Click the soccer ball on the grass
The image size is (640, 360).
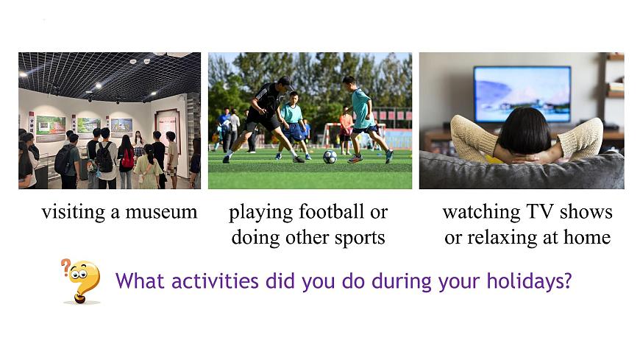(330, 157)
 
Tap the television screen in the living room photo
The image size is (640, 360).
(522, 94)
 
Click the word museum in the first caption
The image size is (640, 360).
(161, 212)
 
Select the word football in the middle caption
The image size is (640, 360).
(332, 212)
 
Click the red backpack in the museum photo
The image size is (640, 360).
(128, 159)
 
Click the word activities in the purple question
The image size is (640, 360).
(215, 281)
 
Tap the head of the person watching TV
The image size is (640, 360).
(525, 131)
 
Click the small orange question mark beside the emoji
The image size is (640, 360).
(65, 267)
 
